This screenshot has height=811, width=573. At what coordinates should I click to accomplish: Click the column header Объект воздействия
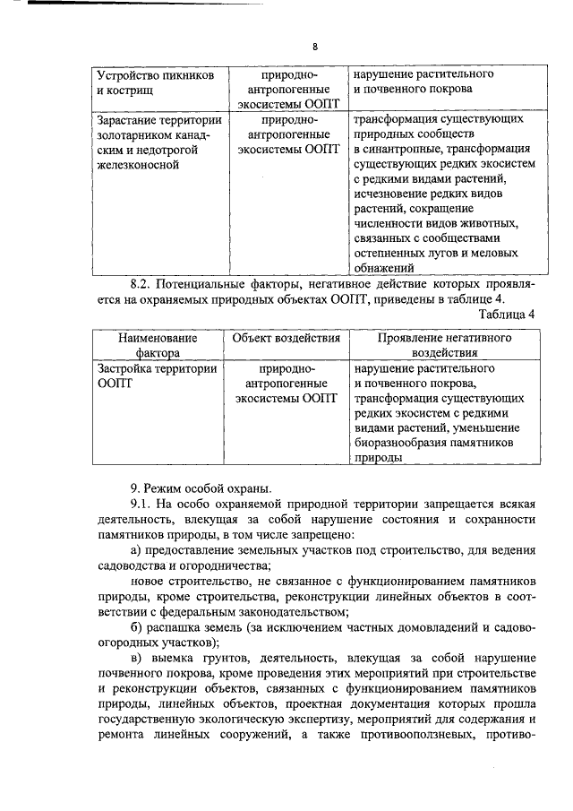tap(286, 339)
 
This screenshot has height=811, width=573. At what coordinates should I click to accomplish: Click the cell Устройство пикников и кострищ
tap(154, 83)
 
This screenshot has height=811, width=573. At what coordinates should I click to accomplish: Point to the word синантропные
tap(400, 150)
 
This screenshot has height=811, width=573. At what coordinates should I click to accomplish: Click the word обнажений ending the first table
tap(383, 267)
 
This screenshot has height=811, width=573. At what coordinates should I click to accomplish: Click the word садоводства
tap(135, 565)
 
